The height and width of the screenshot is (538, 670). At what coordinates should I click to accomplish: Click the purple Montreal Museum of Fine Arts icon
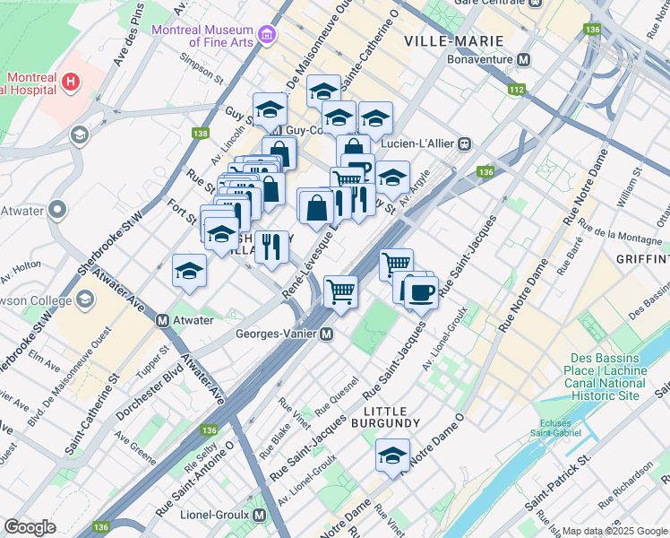[x=267, y=36]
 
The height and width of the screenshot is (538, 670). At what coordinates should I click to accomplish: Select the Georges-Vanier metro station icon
[x=328, y=334]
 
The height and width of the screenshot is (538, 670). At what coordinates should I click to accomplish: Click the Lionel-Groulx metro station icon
[x=259, y=516]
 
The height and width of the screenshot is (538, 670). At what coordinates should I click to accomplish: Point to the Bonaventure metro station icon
[x=524, y=59]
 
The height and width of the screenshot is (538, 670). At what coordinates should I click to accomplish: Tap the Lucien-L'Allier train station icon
[x=465, y=143]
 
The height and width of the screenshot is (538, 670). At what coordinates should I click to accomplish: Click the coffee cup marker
[x=421, y=292]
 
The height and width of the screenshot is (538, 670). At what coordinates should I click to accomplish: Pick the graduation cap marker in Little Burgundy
[x=392, y=456]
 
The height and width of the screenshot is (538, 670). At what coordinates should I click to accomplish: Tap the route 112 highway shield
[x=516, y=90]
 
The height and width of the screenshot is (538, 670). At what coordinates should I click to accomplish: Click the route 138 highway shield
[x=200, y=134]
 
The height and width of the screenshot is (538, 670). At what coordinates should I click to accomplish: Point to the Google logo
[x=30, y=527]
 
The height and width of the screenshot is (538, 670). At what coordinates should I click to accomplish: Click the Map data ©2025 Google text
[x=614, y=531]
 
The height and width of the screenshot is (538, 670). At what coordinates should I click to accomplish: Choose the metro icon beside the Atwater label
[x=163, y=320]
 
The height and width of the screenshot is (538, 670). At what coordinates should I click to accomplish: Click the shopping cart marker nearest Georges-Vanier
[x=340, y=292]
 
